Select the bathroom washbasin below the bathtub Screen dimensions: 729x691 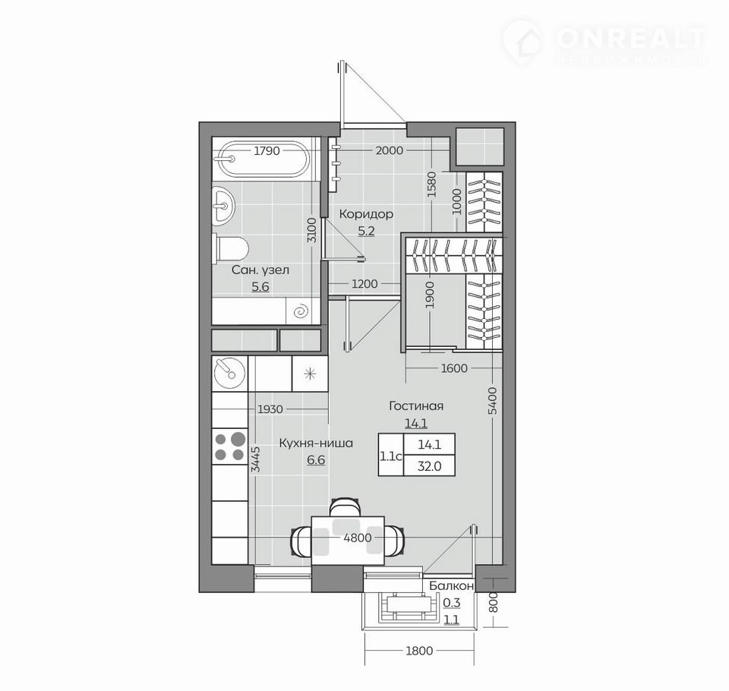click(x=223, y=206)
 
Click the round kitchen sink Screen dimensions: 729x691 click(x=229, y=372)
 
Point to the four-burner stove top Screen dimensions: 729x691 click(x=229, y=446)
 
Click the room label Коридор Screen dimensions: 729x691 click(x=366, y=214)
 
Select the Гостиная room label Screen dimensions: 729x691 click(x=416, y=406)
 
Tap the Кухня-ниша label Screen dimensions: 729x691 click(x=316, y=443)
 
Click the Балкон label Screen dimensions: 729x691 click(x=451, y=586)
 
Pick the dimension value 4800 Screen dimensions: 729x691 click(x=358, y=538)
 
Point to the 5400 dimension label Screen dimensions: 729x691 click(x=494, y=400)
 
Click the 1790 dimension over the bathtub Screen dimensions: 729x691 click(x=267, y=150)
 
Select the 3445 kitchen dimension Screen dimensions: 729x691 click(x=255, y=459)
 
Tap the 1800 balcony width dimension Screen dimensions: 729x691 click(x=419, y=651)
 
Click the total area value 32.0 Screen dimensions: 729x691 click(x=429, y=466)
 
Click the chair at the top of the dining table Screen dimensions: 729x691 click(x=345, y=506)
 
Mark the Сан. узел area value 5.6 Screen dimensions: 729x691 click(x=260, y=286)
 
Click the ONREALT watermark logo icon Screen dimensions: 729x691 click(x=523, y=41)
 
